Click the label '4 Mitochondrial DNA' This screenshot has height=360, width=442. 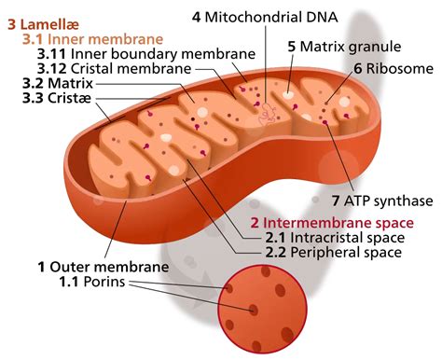click(x=265, y=17)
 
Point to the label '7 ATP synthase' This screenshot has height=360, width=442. click(x=382, y=201)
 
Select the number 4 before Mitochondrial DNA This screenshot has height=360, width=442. click(x=197, y=17)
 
